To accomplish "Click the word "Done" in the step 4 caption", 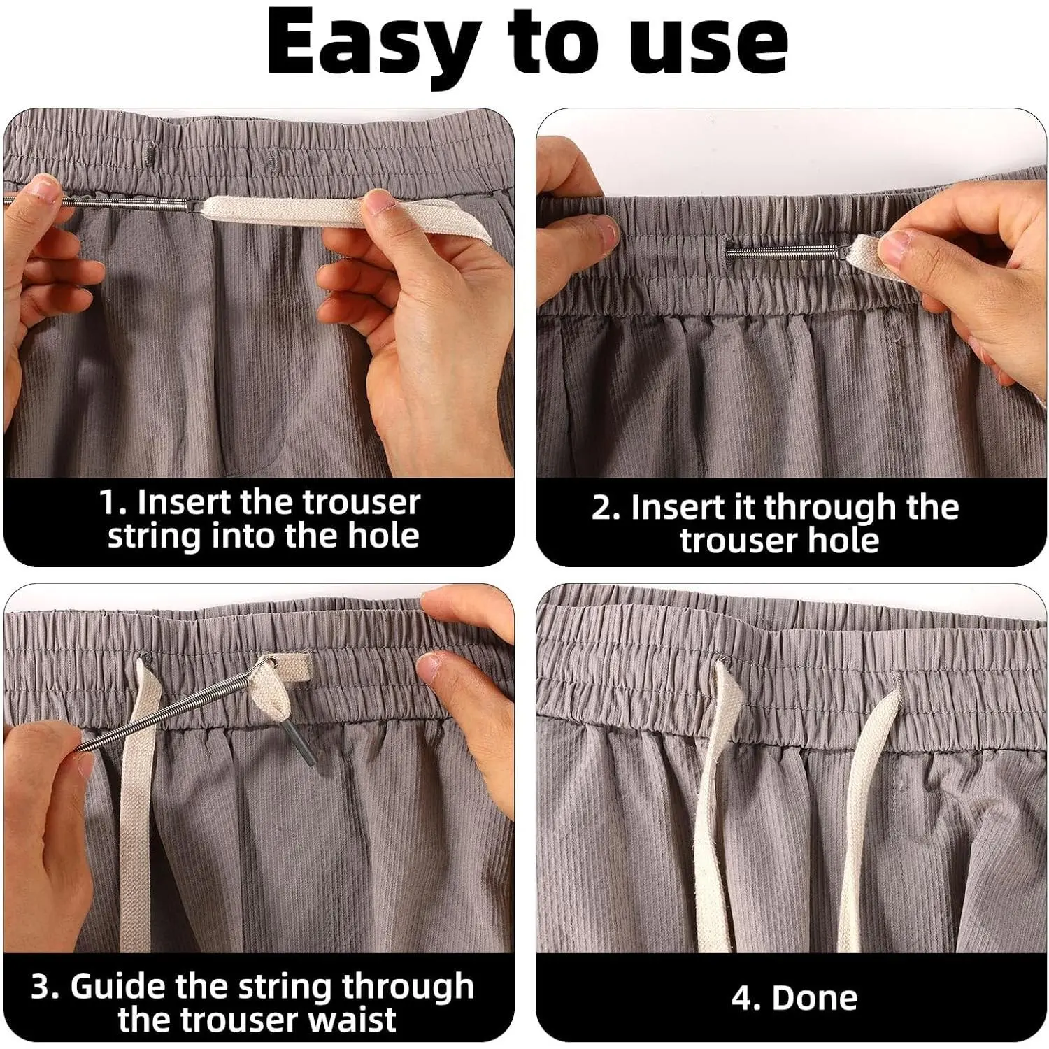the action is pyautogui.click(x=815, y=998).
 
